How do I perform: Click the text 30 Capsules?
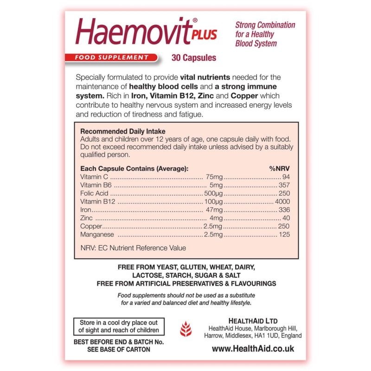[193, 58]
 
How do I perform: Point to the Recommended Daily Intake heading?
[123, 132]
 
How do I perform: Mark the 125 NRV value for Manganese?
[284, 235]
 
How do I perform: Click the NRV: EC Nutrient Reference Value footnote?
[133, 248]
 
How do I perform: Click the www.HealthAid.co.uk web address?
[253, 348]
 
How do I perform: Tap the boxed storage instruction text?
[119, 326]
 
